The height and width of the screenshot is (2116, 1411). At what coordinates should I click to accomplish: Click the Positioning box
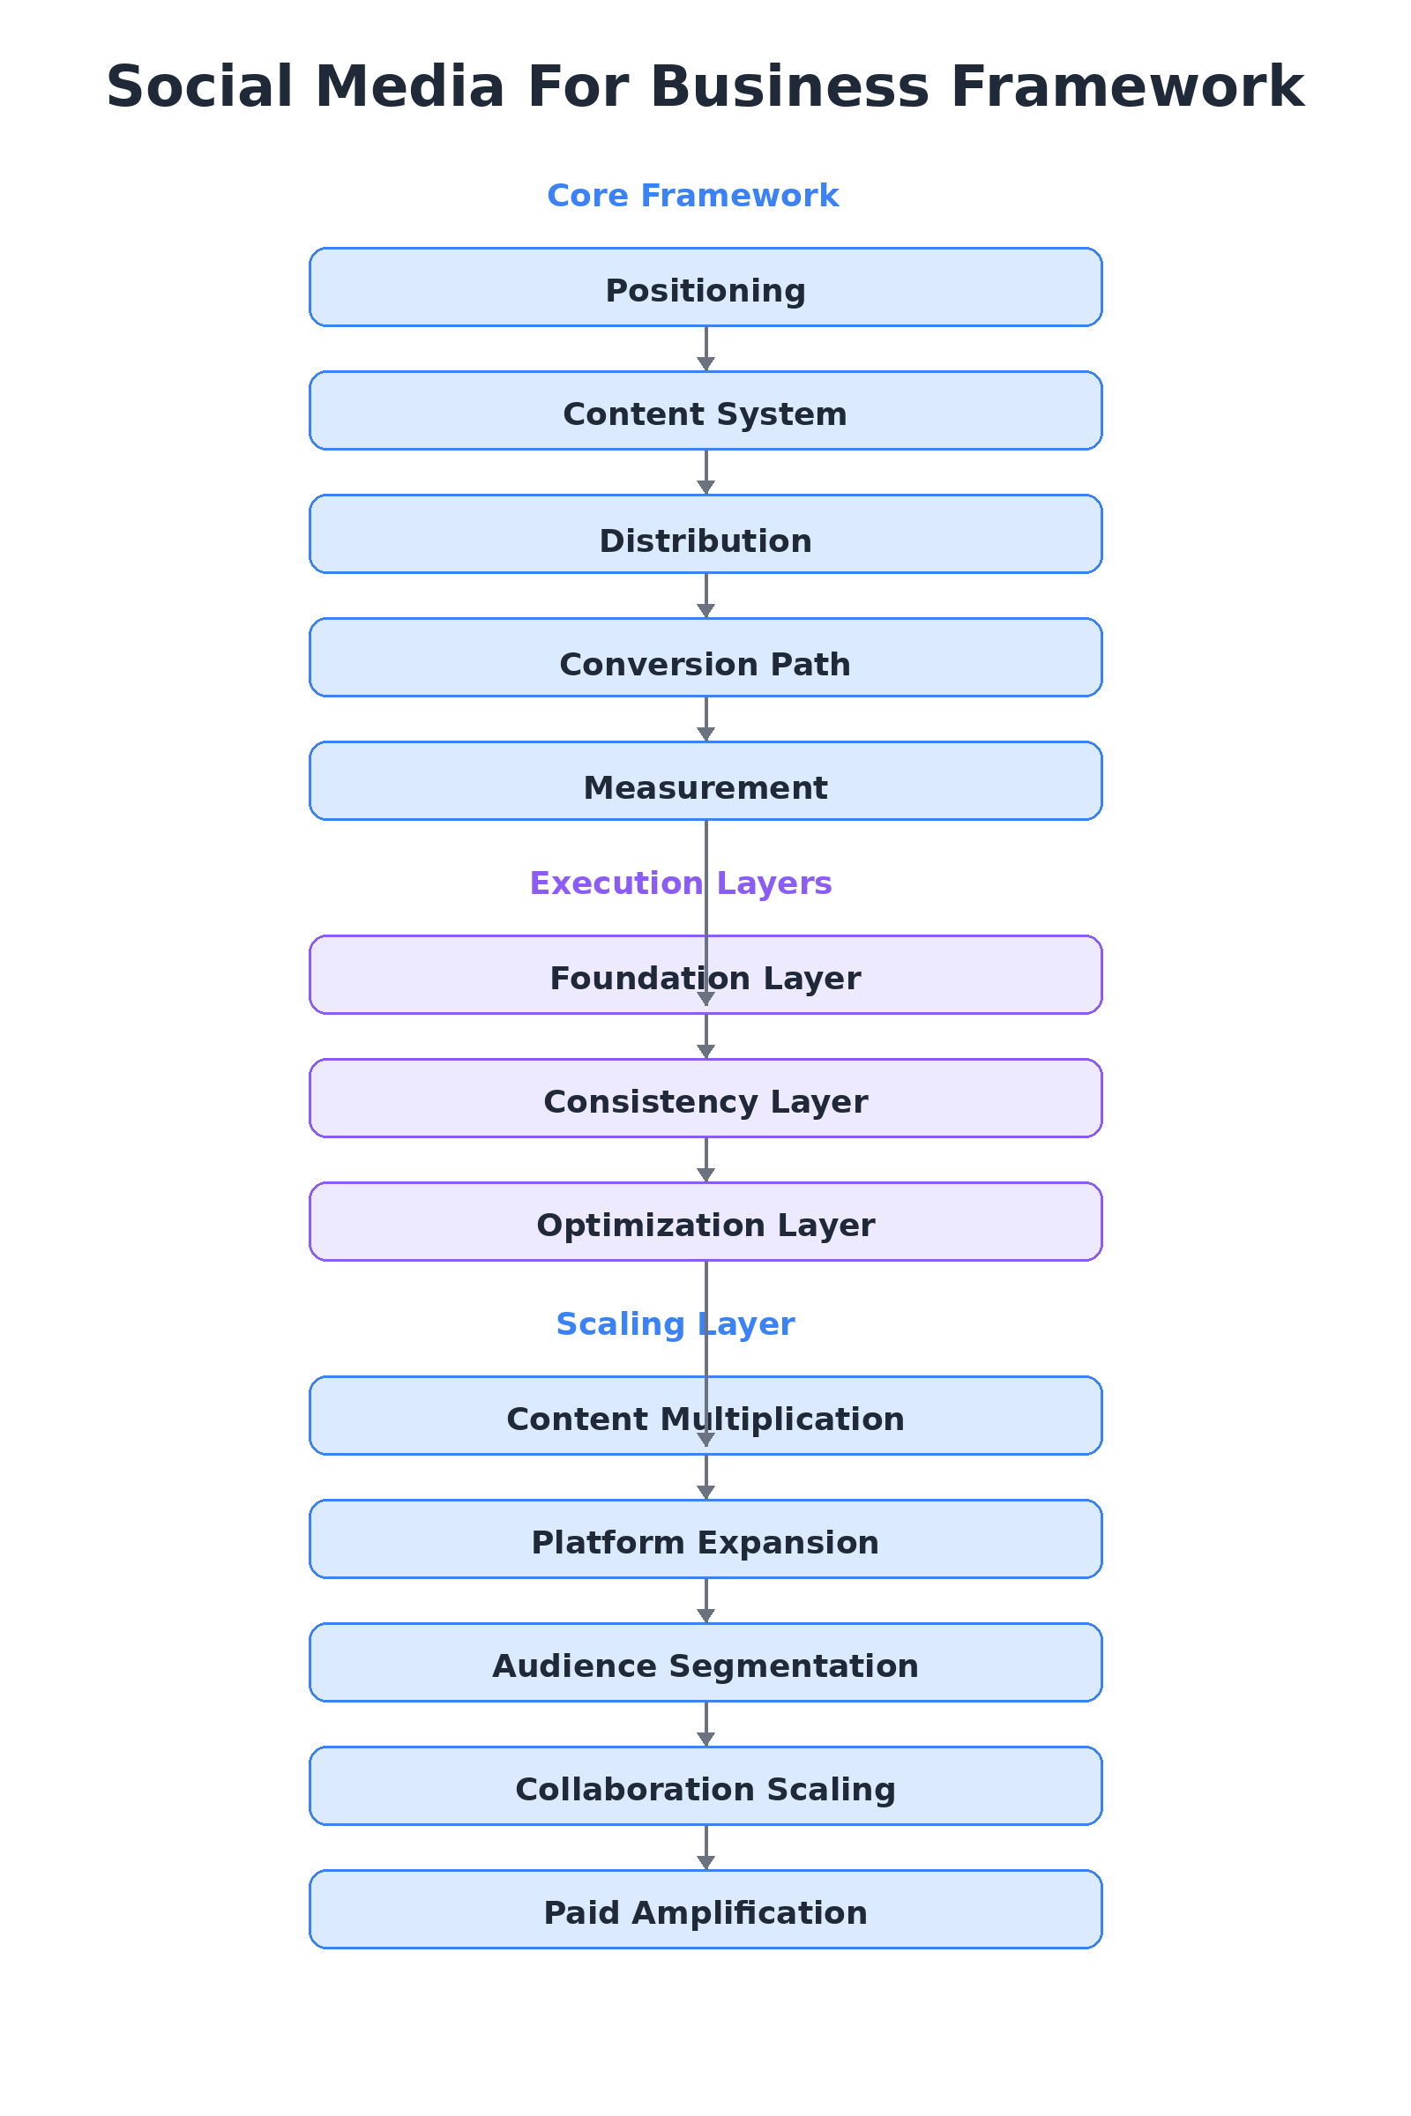click(705, 287)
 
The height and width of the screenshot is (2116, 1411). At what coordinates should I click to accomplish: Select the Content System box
click(705, 410)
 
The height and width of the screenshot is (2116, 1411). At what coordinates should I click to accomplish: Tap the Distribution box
click(705, 533)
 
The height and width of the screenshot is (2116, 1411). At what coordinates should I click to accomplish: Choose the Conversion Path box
click(705, 657)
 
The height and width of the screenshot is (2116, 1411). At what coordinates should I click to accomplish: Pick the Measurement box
click(705, 780)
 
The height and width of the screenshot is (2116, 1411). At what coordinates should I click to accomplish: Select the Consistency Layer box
click(705, 1098)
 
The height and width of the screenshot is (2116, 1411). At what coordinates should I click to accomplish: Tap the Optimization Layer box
click(705, 1221)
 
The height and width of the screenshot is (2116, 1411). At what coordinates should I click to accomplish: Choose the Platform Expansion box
click(705, 1539)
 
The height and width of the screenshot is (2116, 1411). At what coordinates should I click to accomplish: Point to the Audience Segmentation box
click(705, 1662)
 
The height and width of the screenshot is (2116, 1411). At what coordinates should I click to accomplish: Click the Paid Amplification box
click(705, 1908)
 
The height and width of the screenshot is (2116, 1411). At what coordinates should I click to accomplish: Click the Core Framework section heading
click(692, 195)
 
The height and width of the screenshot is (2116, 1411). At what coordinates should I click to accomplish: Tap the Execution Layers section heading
click(680, 883)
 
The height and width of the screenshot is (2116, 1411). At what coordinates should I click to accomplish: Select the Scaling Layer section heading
click(675, 1323)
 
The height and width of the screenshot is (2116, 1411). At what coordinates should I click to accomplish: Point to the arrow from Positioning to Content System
click(705, 349)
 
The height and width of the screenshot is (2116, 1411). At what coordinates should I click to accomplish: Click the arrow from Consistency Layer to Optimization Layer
click(705, 1160)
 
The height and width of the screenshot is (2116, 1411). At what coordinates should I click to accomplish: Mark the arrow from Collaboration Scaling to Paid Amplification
click(705, 1848)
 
